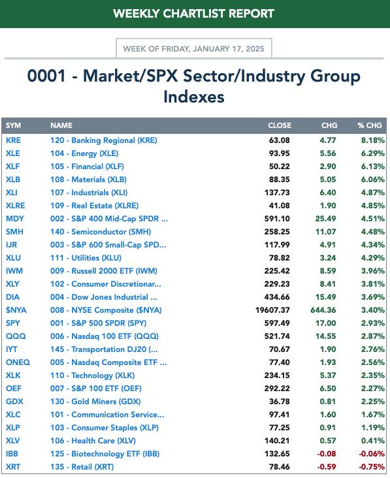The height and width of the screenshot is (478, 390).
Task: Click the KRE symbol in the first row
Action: (14, 140)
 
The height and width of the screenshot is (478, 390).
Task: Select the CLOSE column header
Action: (280, 125)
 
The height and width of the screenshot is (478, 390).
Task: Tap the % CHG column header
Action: (370, 125)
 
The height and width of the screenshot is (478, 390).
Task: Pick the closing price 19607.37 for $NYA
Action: (272, 310)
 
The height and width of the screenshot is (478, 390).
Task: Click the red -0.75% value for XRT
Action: (372, 467)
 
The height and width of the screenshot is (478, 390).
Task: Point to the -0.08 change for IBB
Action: (327, 454)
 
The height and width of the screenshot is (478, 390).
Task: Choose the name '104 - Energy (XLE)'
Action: (84, 153)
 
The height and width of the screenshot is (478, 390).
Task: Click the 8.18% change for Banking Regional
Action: (373, 140)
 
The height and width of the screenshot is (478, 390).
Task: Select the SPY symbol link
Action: (13, 323)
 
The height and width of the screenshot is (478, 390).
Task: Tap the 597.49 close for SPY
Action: (277, 323)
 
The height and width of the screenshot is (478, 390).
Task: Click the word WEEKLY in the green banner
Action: (137, 14)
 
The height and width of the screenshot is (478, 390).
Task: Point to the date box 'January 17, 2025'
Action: (193, 48)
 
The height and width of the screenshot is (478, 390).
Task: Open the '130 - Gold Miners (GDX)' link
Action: (95, 402)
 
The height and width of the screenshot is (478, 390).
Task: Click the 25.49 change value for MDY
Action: (326, 219)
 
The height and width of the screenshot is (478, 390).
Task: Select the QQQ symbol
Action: (16, 336)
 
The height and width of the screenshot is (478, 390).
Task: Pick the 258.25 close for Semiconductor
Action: (277, 232)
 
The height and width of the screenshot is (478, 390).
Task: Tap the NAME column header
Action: (61, 125)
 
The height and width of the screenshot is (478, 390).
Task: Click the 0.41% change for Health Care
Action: (373, 441)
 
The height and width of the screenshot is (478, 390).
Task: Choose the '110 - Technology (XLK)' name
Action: (92, 375)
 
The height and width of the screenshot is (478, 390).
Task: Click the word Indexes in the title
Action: (194, 97)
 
